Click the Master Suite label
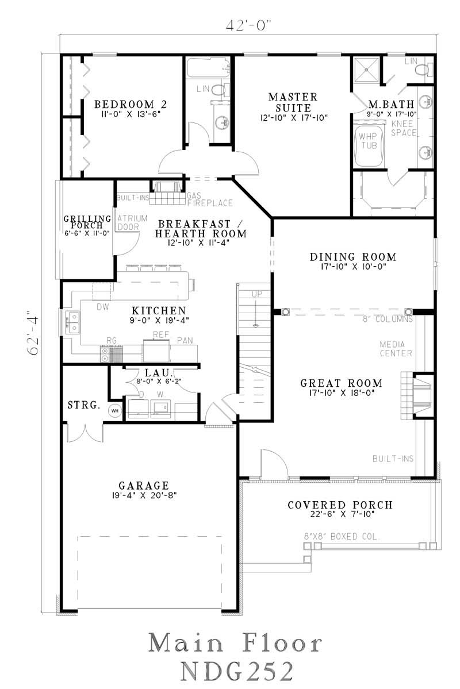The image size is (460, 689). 293,102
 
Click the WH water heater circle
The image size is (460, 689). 114,410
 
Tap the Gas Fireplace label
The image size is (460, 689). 209,199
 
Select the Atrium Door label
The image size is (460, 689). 126,222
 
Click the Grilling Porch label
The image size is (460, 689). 87,221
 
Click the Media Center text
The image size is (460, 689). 396,348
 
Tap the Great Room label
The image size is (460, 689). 342,383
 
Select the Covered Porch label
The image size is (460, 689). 340,505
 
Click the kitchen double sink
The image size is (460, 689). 73,322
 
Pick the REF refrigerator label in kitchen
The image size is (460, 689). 159,334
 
